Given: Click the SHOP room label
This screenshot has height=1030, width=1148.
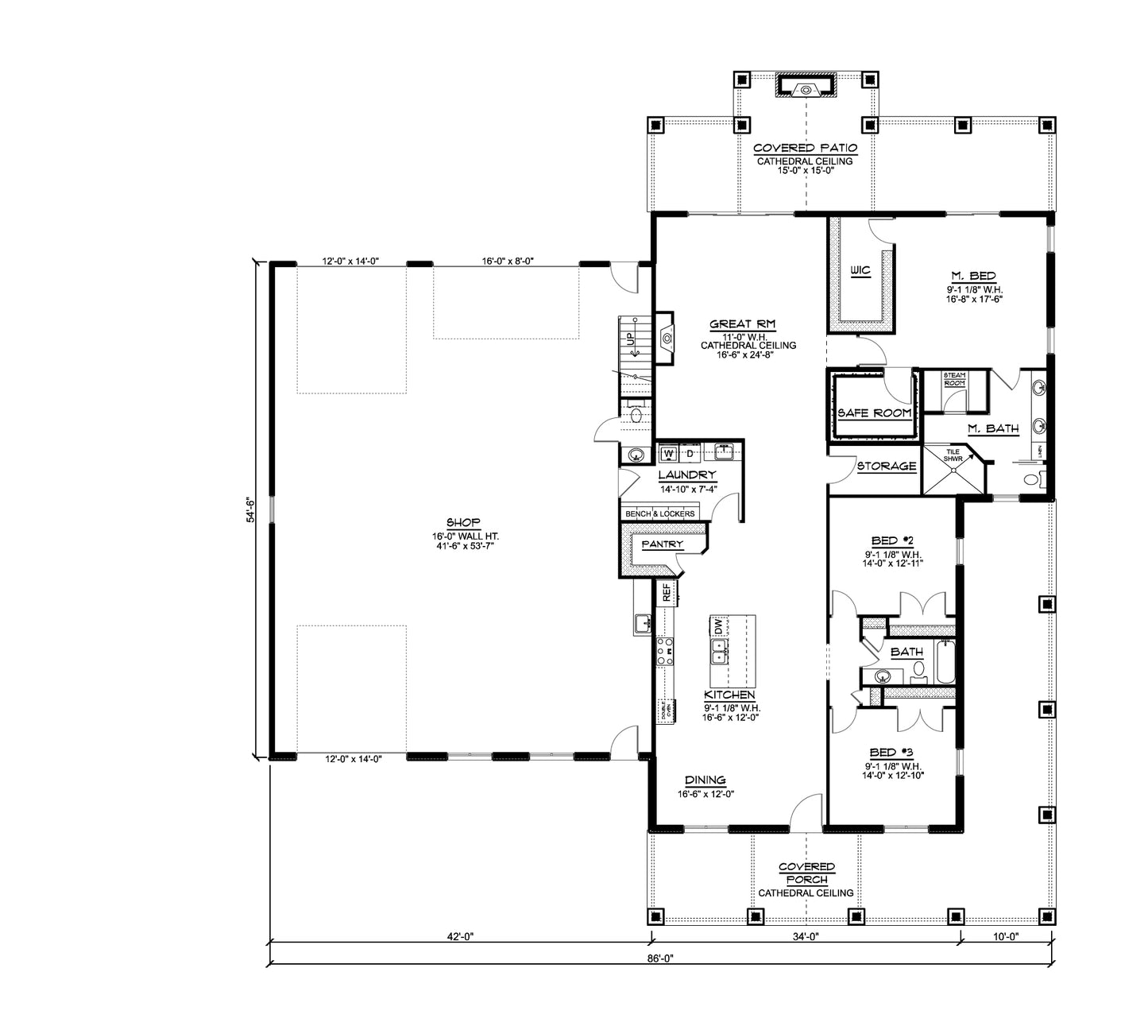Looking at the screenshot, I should [463, 522].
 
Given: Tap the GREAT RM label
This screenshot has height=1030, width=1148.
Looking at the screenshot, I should [742, 324].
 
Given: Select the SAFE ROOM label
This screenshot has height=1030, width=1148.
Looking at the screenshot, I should [875, 413].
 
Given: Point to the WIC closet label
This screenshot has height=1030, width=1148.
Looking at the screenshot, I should [860, 271].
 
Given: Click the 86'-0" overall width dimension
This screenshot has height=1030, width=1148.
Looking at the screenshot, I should [660, 958].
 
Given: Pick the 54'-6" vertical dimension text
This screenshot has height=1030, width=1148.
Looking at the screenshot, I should [249, 509].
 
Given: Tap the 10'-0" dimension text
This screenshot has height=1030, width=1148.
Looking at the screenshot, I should [1006, 937].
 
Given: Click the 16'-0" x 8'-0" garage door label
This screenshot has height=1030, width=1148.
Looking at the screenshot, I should [507, 261].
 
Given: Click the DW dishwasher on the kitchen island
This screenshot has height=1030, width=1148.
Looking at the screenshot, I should [718, 626].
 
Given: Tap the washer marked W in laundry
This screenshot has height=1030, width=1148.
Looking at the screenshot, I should [668, 454].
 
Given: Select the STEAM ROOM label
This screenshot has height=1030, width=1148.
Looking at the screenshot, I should [954, 379].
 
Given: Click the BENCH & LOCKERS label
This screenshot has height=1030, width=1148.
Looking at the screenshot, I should [659, 514].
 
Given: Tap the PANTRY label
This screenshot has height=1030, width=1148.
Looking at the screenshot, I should [662, 544].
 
